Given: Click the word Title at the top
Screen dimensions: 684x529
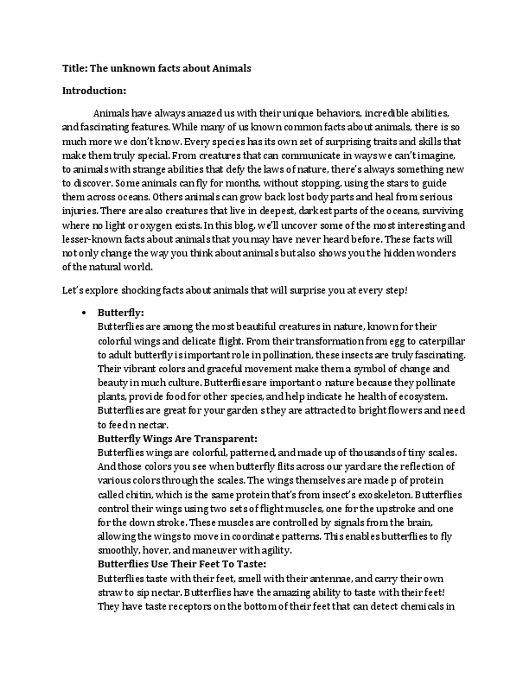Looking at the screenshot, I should click(75, 67).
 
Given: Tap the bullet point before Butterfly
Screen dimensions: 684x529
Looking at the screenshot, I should click(83, 313).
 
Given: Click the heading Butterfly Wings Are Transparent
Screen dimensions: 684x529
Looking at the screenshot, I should click(177, 439).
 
